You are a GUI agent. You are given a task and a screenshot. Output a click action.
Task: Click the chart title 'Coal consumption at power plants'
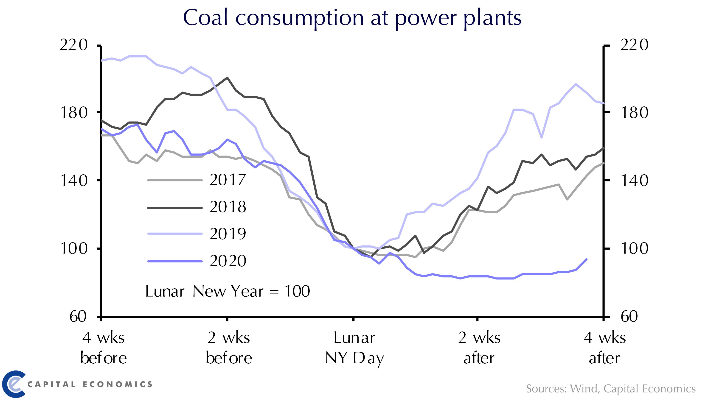click(x=352, y=18)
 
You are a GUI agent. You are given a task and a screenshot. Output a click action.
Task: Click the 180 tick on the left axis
click(x=74, y=113)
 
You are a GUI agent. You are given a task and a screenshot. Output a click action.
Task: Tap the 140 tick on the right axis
click(x=634, y=181)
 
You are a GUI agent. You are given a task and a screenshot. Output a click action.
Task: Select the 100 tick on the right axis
click(x=634, y=248)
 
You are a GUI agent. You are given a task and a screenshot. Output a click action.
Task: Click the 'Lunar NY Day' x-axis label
click(x=354, y=348)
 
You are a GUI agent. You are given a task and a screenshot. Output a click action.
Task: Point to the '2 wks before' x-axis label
click(x=229, y=348)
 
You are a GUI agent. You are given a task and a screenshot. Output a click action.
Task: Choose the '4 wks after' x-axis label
click(x=604, y=348)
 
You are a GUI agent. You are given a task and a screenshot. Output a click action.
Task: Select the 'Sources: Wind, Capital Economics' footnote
click(x=610, y=389)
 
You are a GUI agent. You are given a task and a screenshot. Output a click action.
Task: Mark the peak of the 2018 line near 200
click(x=227, y=78)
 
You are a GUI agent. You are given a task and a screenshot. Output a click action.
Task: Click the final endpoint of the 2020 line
click(x=586, y=259)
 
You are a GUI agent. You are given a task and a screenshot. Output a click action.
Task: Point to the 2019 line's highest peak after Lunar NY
click(x=576, y=84)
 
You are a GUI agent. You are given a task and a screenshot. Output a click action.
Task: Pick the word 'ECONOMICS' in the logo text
click(x=117, y=384)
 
